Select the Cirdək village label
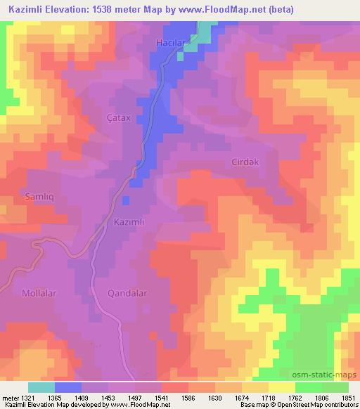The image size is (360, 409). [x=246, y=162]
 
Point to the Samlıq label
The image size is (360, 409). [x=39, y=195]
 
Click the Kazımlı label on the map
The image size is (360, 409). [x=129, y=221]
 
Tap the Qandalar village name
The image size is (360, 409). [x=127, y=292]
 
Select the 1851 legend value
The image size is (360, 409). [x=348, y=398]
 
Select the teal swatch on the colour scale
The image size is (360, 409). [x=41, y=387]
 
